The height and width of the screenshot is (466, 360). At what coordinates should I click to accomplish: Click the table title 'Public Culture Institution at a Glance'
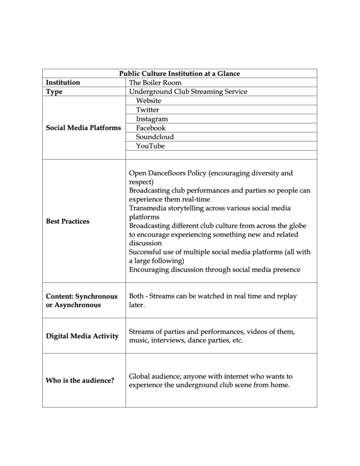179,73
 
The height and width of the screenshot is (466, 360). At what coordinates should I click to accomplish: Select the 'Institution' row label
63,82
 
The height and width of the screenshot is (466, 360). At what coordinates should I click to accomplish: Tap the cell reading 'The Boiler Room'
155,82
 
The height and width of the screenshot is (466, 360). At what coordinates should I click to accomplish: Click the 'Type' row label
54,91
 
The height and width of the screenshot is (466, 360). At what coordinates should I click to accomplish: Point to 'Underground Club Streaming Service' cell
188,91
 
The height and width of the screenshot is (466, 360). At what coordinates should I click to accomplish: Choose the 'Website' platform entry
148,101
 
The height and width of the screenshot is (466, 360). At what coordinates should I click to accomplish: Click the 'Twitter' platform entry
147,110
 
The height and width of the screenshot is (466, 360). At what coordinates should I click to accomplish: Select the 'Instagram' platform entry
152,119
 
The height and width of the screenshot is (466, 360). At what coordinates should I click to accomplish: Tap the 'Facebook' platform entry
151,128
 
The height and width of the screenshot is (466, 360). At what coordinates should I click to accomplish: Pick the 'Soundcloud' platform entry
155,137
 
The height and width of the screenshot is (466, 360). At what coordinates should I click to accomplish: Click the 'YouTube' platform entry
150,146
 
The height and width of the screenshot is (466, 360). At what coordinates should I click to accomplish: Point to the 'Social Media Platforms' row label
84,127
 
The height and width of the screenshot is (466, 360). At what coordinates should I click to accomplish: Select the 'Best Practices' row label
68,221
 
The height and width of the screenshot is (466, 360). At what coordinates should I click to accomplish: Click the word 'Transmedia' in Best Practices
147,208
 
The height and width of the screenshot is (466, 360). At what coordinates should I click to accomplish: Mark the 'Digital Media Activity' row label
82,336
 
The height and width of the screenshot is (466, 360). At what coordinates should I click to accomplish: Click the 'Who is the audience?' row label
80,380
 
